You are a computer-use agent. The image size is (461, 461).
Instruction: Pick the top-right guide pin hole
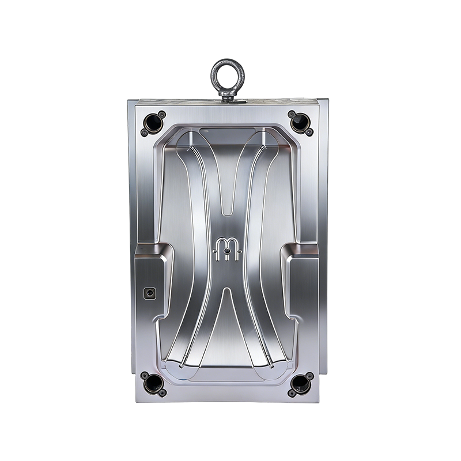click(x=300, y=121)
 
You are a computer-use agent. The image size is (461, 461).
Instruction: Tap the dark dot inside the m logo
click(x=229, y=252)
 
